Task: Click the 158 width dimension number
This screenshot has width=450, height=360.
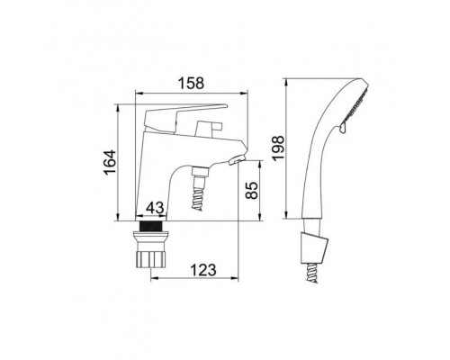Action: [191, 84]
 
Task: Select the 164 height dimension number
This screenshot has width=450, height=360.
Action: [110, 162]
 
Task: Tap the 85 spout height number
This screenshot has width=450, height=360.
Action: [252, 190]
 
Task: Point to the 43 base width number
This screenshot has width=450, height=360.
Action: [155, 208]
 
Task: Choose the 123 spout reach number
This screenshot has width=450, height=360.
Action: [203, 270]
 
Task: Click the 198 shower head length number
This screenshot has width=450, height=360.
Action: [278, 148]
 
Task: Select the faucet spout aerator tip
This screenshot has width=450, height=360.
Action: [238, 160]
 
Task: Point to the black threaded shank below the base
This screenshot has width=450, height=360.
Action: [150, 227]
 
